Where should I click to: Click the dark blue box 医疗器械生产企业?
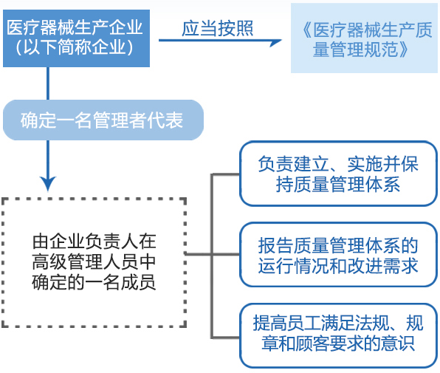click(x=76, y=38)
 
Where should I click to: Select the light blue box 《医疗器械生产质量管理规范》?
click(x=364, y=38)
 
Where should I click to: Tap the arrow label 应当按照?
click(x=218, y=28)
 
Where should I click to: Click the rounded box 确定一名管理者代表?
click(x=103, y=120)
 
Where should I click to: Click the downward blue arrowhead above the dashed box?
click(x=48, y=183)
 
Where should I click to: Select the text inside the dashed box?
click(x=94, y=262)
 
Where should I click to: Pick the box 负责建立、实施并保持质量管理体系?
click(x=338, y=174)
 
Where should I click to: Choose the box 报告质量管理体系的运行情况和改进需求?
click(x=338, y=255)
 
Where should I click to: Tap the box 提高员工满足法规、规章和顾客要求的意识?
click(x=338, y=335)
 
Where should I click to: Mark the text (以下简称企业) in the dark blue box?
click(x=75, y=47)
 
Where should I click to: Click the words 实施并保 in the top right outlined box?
click(x=382, y=164)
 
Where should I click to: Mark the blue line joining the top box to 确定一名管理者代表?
click(x=48, y=83)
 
